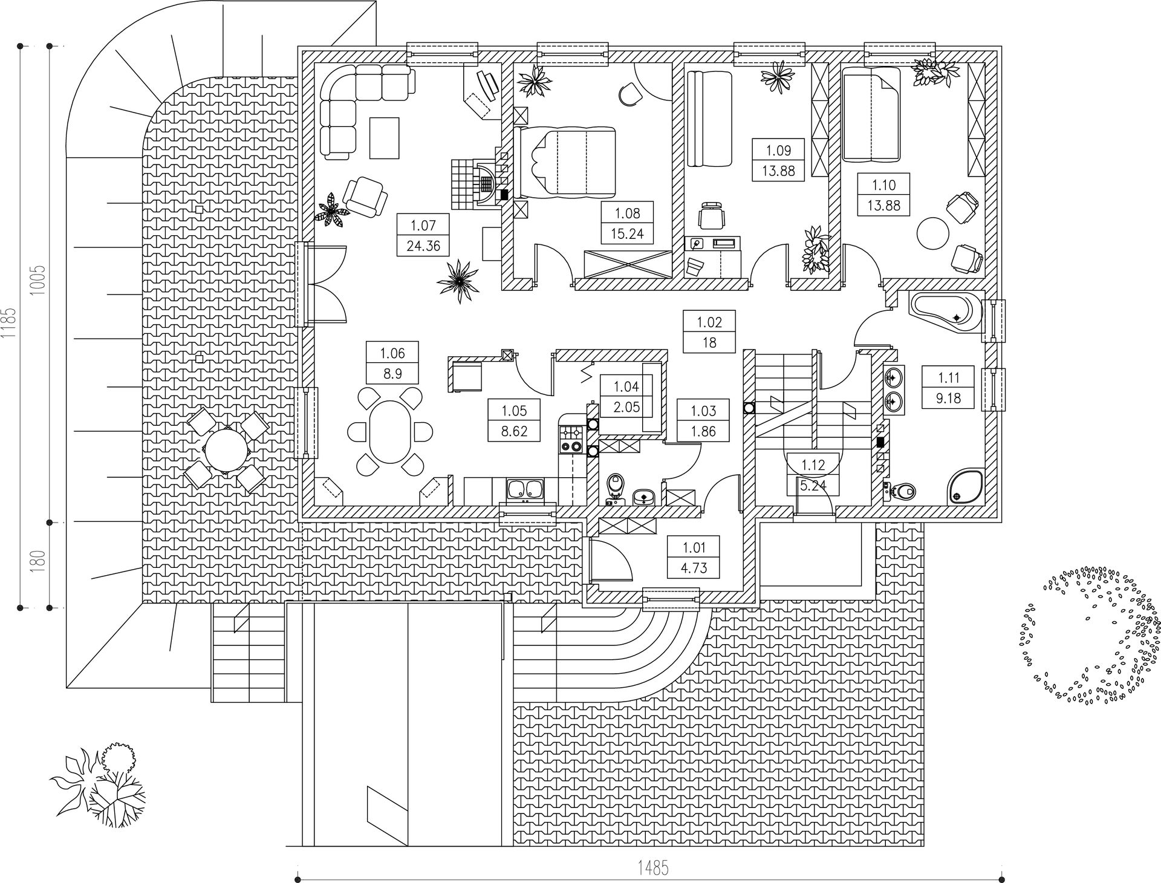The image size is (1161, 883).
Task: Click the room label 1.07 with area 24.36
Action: [423, 235]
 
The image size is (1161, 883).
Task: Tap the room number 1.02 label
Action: [709, 322]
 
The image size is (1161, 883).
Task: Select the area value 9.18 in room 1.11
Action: [948, 399]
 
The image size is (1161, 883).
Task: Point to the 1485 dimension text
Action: [653, 868]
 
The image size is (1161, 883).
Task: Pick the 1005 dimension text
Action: [39, 280]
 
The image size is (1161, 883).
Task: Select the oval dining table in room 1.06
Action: [390, 431]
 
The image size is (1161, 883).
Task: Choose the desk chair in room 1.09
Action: [711, 216]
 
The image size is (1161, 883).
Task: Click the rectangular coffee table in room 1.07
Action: [385, 138]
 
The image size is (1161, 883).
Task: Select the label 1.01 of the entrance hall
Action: [694, 548]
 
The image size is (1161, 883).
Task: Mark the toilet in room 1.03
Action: [615, 487]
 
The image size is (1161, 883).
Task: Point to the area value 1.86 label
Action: [703, 431]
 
